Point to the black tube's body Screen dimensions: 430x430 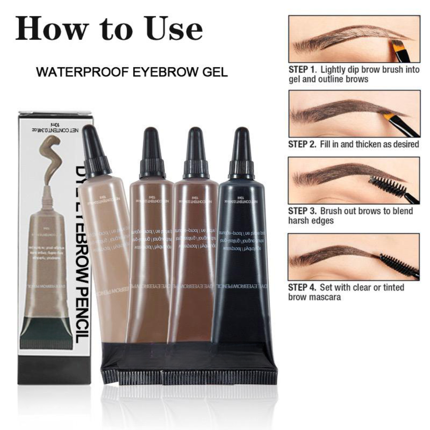pyautogui.click(x=239, y=259)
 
